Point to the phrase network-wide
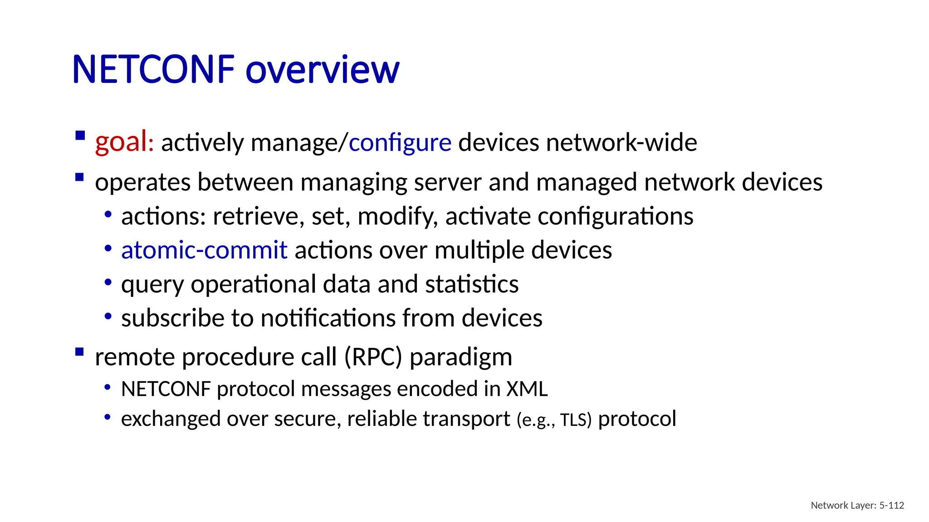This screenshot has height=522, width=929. [x=621, y=143]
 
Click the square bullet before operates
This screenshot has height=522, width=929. [x=80, y=177]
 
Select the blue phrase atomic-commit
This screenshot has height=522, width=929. [x=204, y=250]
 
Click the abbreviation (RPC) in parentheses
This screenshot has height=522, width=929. [x=373, y=357]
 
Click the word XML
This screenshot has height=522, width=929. [x=527, y=389]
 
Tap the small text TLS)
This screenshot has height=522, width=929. [x=576, y=420]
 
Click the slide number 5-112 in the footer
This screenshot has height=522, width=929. [x=891, y=505]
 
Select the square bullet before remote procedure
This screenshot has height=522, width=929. [x=80, y=352]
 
